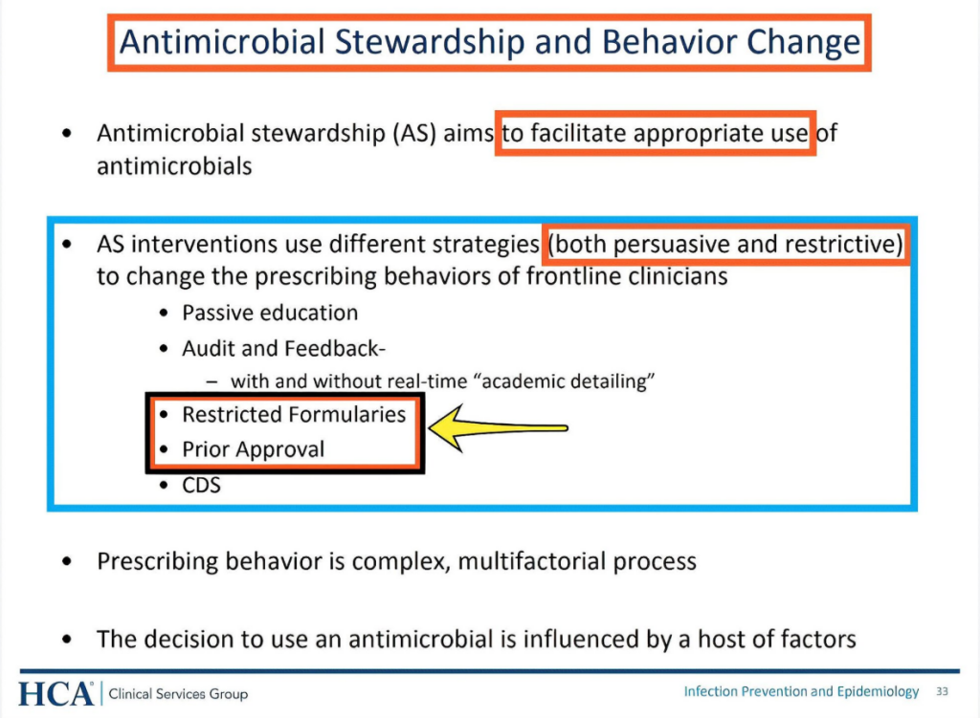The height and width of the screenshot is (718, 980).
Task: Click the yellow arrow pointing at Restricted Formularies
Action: [498, 427]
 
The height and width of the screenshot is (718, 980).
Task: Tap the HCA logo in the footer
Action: [56, 694]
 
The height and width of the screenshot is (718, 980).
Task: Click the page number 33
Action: [942, 691]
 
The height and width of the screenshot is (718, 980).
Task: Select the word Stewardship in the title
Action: [430, 42]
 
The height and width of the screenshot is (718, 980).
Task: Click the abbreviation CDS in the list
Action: [201, 485]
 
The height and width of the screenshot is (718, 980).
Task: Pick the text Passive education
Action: [270, 313]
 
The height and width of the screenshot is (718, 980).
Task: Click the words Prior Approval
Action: [253, 449]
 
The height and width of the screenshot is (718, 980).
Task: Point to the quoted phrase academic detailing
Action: [568, 381]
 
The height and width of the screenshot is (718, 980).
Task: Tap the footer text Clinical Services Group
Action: [178, 694]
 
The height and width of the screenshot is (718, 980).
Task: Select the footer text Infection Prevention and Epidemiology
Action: [801, 691]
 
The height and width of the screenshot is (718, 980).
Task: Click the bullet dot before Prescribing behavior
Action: [67, 561]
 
